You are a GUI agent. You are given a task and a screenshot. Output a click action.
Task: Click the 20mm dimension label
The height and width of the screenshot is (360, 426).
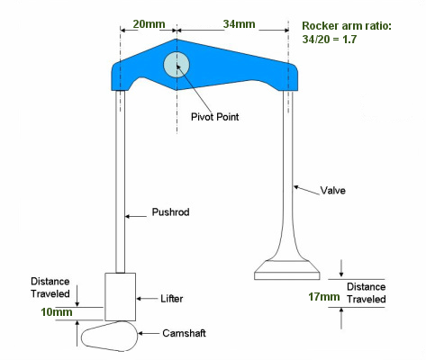[x=149, y=24]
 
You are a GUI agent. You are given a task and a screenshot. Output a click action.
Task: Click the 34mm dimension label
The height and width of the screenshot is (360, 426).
[x=239, y=24]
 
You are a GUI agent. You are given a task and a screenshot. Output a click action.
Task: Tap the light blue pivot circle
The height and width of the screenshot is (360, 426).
[x=177, y=65]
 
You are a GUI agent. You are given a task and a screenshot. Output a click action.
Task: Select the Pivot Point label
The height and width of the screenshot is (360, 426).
[x=215, y=117]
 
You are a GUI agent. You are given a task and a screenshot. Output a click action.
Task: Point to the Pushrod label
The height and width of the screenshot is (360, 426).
[x=170, y=212]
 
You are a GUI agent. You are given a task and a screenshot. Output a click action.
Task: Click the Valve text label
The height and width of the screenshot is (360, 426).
[x=332, y=190]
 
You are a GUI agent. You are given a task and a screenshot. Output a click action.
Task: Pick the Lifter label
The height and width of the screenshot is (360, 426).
[x=172, y=299]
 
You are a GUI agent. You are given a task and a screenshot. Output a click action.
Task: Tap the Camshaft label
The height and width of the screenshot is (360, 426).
[x=184, y=333]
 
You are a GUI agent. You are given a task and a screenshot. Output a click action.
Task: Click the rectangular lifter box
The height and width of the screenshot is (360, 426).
[x=120, y=297]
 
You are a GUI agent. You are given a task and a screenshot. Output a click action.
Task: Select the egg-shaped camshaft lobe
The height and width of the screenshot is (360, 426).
[x=110, y=336]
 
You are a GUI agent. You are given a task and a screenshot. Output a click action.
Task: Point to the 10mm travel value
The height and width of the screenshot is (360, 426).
[x=57, y=312]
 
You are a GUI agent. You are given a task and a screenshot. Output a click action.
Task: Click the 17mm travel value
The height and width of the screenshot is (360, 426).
[x=324, y=297]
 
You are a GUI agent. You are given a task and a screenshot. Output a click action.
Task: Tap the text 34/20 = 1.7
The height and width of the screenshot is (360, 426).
[x=330, y=40]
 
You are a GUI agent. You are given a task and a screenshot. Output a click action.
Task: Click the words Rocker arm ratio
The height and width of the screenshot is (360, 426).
[x=347, y=26]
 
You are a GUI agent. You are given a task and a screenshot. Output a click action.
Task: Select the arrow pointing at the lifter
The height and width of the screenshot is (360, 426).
[x=147, y=299]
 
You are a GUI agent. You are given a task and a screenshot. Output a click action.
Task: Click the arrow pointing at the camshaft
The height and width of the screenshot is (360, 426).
[x=149, y=333]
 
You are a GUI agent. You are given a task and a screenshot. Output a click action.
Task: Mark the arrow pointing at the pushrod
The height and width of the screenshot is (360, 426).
[x=136, y=216]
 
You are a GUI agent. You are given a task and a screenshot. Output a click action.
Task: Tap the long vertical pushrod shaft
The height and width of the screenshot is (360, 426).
[x=121, y=182]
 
